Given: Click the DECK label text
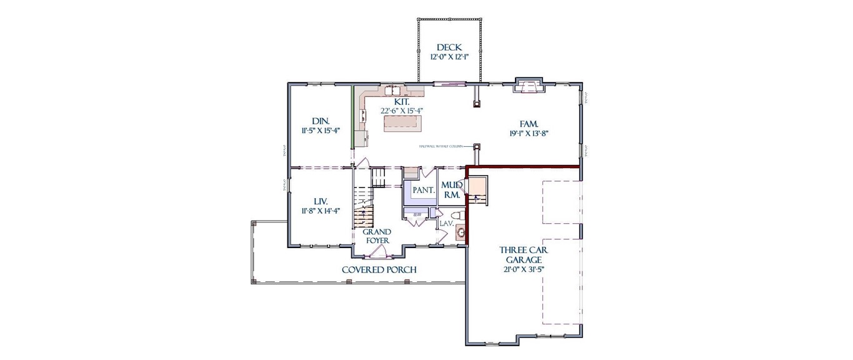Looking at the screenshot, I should (x=449, y=47).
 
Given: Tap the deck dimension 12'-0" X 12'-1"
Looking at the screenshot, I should (x=449, y=57).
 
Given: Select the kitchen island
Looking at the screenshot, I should (x=402, y=124).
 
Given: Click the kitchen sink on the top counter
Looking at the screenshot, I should (x=392, y=90).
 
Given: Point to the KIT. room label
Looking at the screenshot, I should (x=402, y=101).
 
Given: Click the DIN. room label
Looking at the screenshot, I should (x=321, y=121).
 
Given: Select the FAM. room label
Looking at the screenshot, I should (x=529, y=123).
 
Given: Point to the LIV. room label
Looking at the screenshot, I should (x=320, y=201).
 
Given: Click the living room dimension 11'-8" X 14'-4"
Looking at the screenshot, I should (x=320, y=211).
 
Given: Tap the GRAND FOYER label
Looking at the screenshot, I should (x=377, y=236).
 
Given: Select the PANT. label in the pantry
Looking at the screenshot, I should (x=423, y=190).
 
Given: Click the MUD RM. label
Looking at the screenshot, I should (x=451, y=190).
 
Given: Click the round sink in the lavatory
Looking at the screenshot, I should (x=461, y=233).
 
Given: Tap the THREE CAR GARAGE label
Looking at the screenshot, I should (x=524, y=254).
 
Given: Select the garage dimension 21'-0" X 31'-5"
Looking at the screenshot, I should (x=524, y=270).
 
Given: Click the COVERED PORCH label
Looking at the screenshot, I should (x=379, y=270).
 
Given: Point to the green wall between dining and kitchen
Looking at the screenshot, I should (x=352, y=117).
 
